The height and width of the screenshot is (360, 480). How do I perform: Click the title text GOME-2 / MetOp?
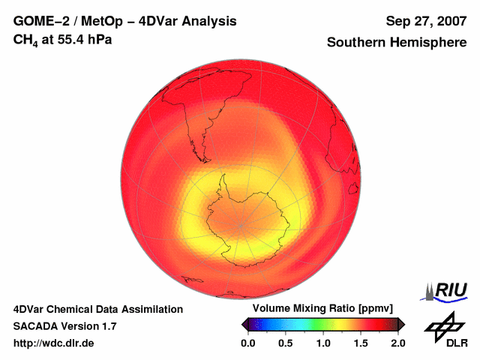pyautogui.click(x=75, y=21)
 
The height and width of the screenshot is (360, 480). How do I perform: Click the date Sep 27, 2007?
pyautogui.click(x=425, y=21)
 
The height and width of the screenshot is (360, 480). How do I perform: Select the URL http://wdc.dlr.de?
pyautogui.click(x=54, y=343)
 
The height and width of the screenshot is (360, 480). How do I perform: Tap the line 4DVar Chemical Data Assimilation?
pyautogui.click(x=97, y=309)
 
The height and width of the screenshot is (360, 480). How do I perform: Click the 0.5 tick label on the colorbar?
pyautogui.click(x=285, y=343)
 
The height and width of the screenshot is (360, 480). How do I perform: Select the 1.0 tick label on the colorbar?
pyautogui.click(x=322, y=343)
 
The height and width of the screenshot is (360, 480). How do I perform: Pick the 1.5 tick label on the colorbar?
pyautogui.click(x=361, y=343)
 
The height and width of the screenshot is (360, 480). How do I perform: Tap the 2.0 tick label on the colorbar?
pyautogui.click(x=398, y=343)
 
